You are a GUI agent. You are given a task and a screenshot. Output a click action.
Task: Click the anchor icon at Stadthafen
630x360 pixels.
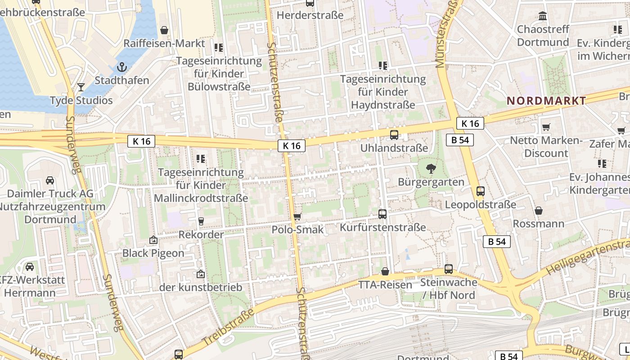click(x=121, y=67)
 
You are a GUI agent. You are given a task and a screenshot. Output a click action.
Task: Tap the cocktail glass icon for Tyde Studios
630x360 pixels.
click(x=81, y=87)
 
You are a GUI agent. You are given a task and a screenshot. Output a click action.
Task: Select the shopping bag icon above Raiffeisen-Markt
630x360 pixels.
click(x=164, y=30)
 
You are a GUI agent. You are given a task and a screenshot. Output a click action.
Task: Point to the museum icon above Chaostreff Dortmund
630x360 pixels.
click(x=543, y=16)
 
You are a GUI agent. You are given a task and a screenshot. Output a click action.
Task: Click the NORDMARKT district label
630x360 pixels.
click(x=546, y=101)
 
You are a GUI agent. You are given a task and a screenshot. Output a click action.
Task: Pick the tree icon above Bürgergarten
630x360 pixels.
click(x=431, y=169)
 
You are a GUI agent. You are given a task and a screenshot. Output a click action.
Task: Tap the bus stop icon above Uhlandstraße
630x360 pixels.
click(x=394, y=135)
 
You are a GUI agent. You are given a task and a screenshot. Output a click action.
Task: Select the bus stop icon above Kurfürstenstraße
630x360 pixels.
click(x=382, y=214)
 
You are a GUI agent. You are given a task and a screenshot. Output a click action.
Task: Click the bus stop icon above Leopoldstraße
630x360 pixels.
click(x=481, y=191)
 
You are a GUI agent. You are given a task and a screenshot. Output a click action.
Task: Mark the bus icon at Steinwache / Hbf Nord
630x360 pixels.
click(x=449, y=269)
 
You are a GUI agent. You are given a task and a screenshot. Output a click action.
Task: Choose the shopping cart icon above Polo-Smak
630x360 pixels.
click(x=297, y=217)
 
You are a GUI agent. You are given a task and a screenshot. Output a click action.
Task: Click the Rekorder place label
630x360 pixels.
click(x=201, y=234)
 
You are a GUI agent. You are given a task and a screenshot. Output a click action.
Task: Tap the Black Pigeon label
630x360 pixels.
click(x=153, y=253)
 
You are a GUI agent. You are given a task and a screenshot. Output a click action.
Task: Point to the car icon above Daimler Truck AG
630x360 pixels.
click(x=50, y=180)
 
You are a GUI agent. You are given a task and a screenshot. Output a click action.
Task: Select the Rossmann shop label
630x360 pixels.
click(x=538, y=224)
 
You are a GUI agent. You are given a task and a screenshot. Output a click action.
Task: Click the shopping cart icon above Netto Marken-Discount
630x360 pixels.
click(x=546, y=127)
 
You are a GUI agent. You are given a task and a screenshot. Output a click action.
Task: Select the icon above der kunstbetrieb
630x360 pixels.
click(x=201, y=274)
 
